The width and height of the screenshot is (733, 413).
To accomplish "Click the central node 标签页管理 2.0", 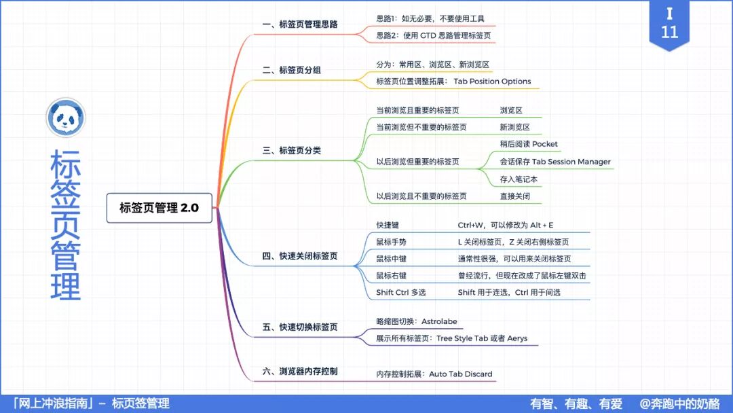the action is [x=159, y=208].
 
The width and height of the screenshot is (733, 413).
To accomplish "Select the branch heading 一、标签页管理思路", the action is [x=300, y=25].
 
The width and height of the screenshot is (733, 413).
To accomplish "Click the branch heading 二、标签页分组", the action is [x=292, y=70].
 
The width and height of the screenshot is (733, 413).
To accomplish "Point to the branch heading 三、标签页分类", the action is [x=292, y=150].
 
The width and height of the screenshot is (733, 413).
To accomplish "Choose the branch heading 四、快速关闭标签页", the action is [x=300, y=257].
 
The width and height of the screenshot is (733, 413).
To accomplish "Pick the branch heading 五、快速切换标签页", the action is [x=300, y=327].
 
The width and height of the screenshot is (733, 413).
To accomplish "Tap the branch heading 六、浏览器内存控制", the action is [x=300, y=372].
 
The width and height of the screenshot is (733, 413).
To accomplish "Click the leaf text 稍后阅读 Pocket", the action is [x=529, y=144].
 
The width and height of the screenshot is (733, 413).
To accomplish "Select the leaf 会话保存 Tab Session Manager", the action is [x=555, y=162].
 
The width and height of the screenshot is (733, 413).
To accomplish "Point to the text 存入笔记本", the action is [x=519, y=179].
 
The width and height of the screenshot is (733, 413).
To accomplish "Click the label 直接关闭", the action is [x=515, y=196].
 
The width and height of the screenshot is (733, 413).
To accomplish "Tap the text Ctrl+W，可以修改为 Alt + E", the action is [x=506, y=225].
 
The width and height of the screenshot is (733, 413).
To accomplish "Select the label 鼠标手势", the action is [x=392, y=242].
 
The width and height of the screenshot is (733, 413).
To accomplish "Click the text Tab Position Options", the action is [x=492, y=82].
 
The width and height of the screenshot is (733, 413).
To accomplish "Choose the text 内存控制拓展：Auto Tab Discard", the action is [x=434, y=374].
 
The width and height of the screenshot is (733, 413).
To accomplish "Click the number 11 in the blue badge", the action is [x=669, y=32].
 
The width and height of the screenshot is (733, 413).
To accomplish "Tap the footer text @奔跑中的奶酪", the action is [x=679, y=403].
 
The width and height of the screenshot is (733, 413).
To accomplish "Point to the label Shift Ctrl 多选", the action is [x=401, y=293].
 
